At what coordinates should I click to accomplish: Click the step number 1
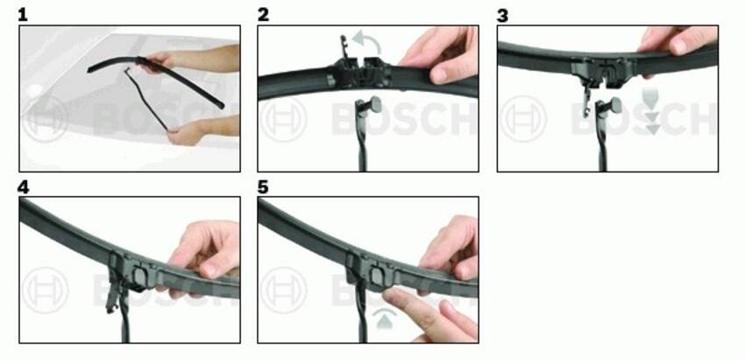pyautogui.click(x=22, y=15)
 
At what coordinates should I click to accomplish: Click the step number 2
pyautogui.click(x=263, y=15)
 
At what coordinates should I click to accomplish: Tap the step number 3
pyautogui.click(x=502, y=15)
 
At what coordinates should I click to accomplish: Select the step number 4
pyautogui.click(x=23, y=187)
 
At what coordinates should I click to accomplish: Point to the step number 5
pyautogui.click(x=263, y=187)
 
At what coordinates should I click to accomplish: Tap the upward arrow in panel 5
pyautogui.click(x=385, y=321)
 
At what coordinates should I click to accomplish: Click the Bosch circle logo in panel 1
pyautogui.click(x=45, y=120)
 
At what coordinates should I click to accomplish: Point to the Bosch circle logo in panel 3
pyautogui.click(x=523, y=119)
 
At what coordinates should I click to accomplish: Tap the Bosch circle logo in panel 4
pyautogui.click(x=45, y=291)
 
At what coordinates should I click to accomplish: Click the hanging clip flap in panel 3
pyautogui.click(x=588, y=99)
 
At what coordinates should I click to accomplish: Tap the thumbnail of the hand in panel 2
pyautogui.click(x=439, y=75)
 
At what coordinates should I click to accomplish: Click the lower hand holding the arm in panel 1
pyautogui.click(x=188, y=133)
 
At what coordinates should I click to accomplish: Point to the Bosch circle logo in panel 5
pyautogui.click(x=284, y=291)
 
